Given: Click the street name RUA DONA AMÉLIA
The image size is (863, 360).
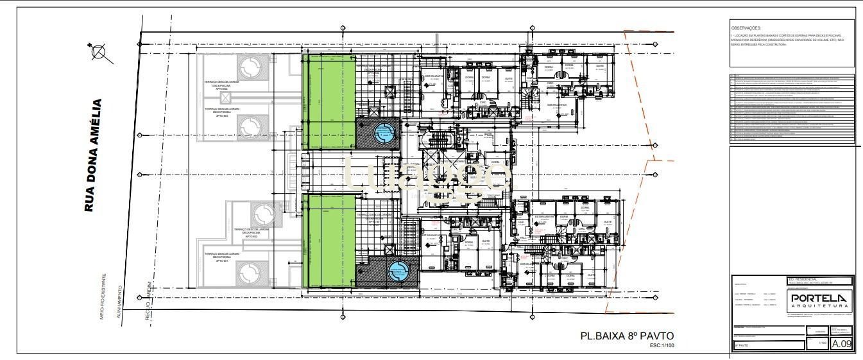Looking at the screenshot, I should click(94, 155).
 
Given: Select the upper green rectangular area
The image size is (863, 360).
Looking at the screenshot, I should click(329, 102).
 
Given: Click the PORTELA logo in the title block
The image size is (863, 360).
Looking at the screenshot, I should click(819, 298).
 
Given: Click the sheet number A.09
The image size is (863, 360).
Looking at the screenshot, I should click(841, 344).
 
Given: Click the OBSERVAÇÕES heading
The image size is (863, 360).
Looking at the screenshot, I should click(746, 28).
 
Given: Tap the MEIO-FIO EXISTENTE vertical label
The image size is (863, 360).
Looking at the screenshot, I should click(104, 296).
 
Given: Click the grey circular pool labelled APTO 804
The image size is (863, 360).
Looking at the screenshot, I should click(247, 67).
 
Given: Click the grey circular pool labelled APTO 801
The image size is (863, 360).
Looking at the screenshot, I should click(247, 275).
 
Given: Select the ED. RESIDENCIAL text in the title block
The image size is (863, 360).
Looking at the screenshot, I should click(803, 280).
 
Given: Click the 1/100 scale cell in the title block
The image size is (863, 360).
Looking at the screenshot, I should click(822, 343).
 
